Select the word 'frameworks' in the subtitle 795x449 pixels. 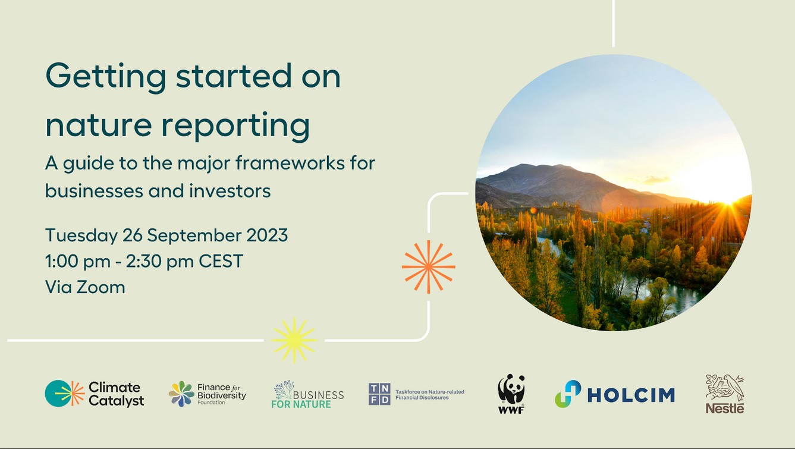click(290, 164)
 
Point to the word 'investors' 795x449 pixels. click(230, 191)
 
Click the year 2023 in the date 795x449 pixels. click(267, 236)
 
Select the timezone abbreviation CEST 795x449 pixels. click(221, 261)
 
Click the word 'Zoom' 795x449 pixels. click(100, 287)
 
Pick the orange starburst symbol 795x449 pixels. click(428, 267)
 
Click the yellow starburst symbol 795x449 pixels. click(294, 340)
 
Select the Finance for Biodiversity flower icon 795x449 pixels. click(181, 394)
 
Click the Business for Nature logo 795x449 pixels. click(307, 394)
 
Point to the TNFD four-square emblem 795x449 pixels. click(379, 394)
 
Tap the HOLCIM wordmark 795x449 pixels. click(631, 395)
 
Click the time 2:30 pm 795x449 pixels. click(160, 262)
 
